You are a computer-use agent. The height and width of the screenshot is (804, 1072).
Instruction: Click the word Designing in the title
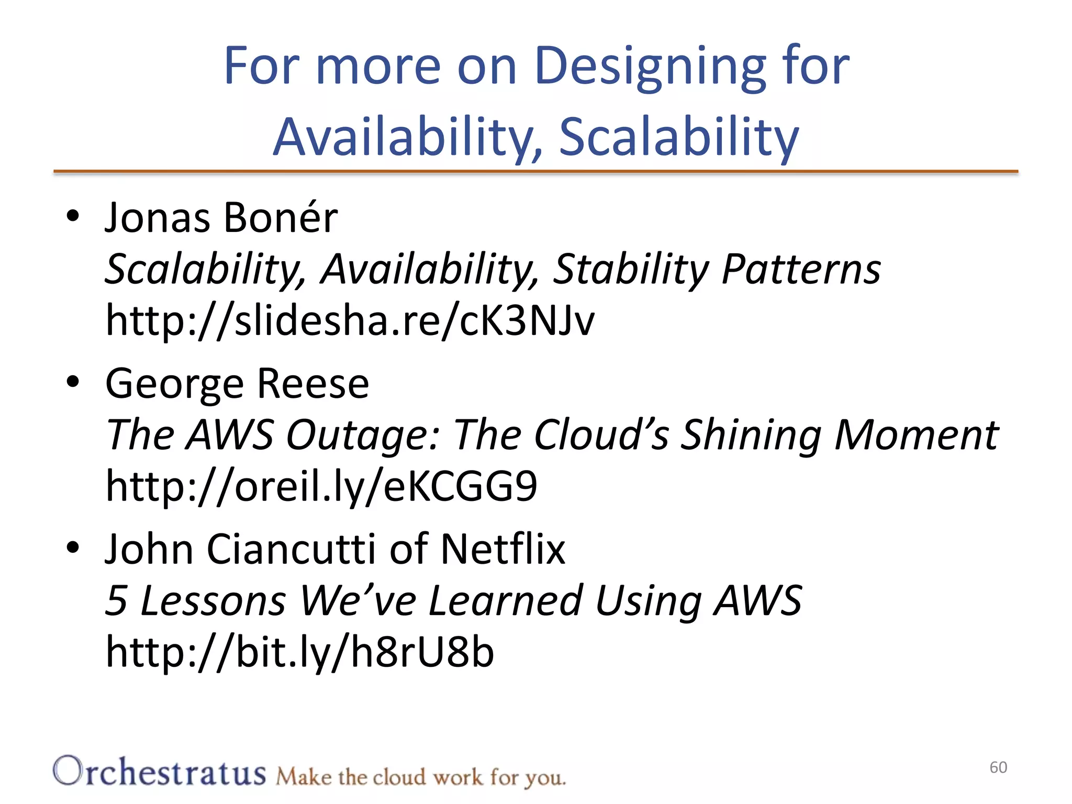pos(650,67)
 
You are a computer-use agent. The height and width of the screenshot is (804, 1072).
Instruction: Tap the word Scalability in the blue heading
pos(679,137)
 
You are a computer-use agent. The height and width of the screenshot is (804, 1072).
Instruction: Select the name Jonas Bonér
pos(221,218)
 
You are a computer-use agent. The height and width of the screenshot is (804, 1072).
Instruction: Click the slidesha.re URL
pos(350,320)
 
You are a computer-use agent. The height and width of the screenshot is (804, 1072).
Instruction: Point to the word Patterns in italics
pos(801,270)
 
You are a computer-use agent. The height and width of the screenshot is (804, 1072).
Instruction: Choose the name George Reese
pos(237,384)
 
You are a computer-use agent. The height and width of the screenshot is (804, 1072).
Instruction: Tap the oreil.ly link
pos(321,486)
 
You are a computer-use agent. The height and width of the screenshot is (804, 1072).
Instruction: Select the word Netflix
pos(502,550)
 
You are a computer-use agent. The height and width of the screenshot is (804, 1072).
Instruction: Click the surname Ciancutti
pos(292,550)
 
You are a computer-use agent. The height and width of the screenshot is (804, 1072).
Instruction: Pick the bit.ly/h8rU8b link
pos(299,652)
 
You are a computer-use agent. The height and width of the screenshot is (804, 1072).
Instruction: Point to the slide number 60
pos(998,767)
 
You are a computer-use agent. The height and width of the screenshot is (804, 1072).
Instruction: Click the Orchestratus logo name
pos(160,773)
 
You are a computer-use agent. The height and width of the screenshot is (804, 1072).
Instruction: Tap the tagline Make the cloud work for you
pos(420,777)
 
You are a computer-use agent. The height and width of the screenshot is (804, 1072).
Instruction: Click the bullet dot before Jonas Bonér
pos(73,216)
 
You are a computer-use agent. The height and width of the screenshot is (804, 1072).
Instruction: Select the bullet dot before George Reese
pos(73,382)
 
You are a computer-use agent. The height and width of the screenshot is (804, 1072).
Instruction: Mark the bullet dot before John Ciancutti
pos(73,548)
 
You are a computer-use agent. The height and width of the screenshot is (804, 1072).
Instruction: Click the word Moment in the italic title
pos(916,435)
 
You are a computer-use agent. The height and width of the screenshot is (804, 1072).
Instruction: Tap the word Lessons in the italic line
pos(213,601)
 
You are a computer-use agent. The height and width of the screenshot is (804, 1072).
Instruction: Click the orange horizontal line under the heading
pos(535,171)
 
